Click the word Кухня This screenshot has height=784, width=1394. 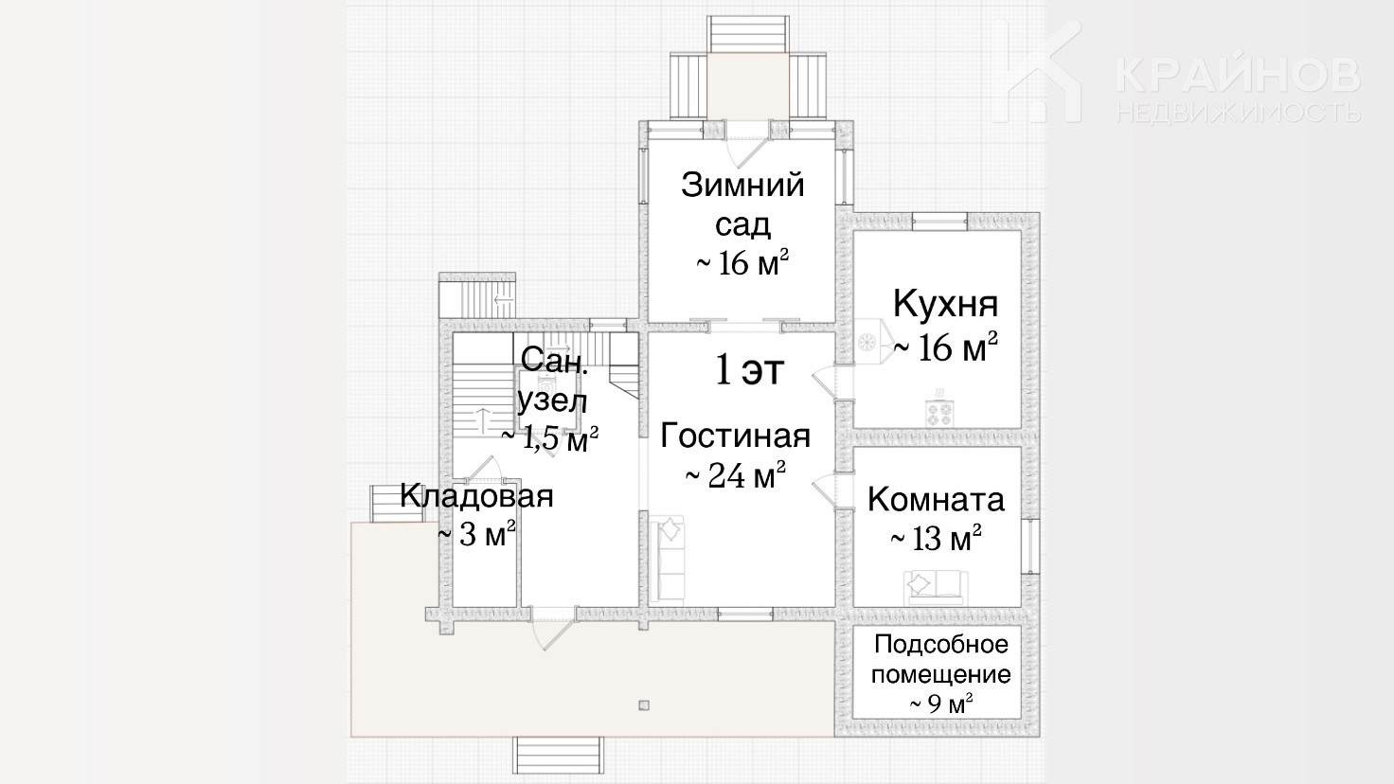pos(945,304)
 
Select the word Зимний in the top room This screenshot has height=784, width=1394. pos(742,186)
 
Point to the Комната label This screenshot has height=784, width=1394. pos(936,499)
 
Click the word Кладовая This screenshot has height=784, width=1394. pos(476,496)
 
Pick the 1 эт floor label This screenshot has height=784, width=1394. pos(749,370)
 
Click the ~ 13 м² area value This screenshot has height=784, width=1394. pos(936,538)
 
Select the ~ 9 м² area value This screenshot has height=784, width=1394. pos(941,704)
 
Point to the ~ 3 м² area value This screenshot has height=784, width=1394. pos(477,534)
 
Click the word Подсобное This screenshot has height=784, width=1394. pos(941,645)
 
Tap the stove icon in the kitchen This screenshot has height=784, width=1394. pos(939,411)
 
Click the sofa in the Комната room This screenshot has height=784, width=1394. pos(936,587)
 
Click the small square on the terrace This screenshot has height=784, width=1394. pos(644,705)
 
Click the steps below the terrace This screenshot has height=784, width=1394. pos(558,755)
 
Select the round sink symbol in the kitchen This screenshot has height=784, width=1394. pos(867,342)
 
